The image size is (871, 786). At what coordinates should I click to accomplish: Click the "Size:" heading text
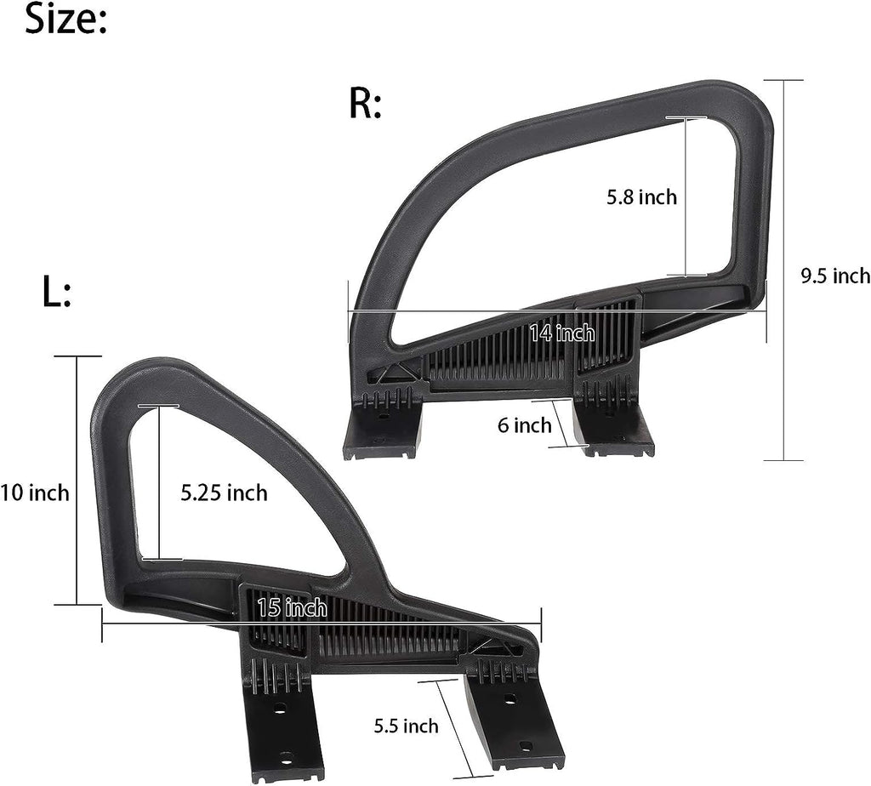65,20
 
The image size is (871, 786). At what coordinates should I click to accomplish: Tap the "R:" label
365,103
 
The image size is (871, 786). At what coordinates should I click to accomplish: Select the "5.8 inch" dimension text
641,197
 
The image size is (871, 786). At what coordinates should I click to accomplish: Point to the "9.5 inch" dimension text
835,276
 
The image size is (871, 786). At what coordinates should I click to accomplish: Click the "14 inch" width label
562,333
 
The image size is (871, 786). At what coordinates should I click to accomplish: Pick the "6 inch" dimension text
524,425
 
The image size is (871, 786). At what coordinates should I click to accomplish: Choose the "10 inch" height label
34,493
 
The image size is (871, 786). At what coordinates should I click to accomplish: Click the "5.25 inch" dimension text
224,493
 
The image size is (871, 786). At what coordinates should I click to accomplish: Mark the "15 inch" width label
293,607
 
